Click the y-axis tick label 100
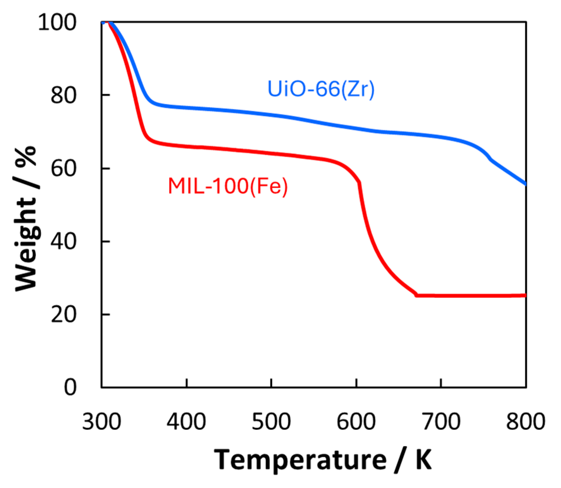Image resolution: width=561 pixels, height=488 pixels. tap(57, 23)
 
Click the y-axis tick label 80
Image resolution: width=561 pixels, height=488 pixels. tap(63, 95)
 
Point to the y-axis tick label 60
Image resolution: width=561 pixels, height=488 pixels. tap(63, 169)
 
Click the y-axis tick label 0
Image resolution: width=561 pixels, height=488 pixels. tap(70, 387)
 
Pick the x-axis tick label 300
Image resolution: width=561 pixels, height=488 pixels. tap(101, 422)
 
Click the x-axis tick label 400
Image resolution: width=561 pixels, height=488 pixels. tap(186, 422)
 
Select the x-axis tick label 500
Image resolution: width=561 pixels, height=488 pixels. tap(271, 422)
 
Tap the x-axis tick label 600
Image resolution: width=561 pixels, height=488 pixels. tap(356, 422)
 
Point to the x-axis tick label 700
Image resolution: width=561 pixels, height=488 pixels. tap(441, 422)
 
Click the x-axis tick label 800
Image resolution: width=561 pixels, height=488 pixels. tap(526, 422)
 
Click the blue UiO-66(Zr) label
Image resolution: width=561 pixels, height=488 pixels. tap(321, 89)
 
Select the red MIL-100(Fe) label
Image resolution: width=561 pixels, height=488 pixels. tap(228, 186)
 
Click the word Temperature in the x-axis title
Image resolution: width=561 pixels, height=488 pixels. tap(300, 460)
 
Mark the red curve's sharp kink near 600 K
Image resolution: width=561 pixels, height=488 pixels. tap(359, 182)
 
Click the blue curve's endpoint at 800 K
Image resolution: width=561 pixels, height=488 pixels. tap(526, 184)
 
